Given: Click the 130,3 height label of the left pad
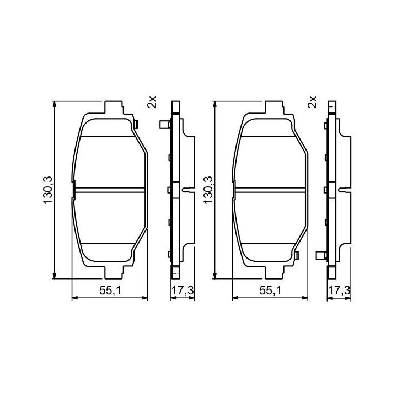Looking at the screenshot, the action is (47, 190).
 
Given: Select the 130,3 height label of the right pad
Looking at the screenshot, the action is (208, 190).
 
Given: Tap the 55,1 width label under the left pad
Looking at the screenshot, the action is (110, 291).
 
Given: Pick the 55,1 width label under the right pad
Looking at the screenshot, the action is (270, 291).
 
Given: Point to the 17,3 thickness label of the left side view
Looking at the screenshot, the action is (183, 291).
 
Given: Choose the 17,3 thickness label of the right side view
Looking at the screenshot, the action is (339, 291).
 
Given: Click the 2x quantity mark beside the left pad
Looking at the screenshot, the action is (152, 102).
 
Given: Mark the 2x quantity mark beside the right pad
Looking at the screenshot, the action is (313, 102).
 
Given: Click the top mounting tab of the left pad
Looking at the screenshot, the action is (114, 107).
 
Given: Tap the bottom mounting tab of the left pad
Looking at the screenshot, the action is (114, 272).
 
